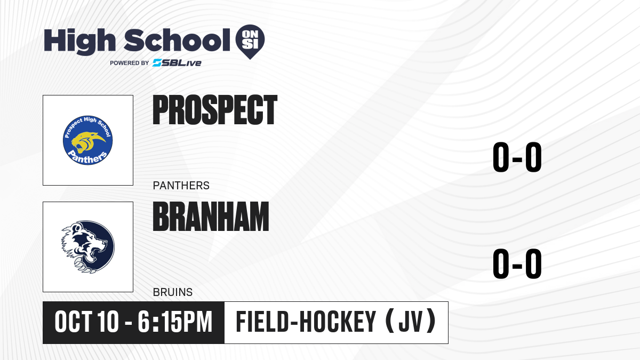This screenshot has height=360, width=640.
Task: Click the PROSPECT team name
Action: pos(215,110)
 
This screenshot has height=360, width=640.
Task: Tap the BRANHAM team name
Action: pos(211,217)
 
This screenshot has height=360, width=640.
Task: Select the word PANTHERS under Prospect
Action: pos(181,186)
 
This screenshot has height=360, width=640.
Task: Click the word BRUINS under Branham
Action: pos(173,292)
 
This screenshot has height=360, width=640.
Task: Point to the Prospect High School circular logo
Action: pos(87,140)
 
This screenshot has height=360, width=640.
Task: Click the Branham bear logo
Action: pos(87,247)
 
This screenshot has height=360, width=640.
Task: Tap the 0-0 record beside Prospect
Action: pos(517,157)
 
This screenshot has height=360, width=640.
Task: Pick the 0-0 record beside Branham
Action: pos(517,263)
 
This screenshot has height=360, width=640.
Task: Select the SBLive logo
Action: pos(177,63)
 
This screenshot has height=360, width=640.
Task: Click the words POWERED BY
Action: pos(129,63)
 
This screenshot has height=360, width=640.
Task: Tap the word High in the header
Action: pos(79,41)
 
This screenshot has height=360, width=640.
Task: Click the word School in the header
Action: pos(177,39)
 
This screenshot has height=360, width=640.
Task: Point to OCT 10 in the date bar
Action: pos(86,322)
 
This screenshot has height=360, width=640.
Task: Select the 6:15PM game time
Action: pos(175,322)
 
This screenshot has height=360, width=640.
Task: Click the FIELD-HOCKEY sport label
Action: pos(306,322)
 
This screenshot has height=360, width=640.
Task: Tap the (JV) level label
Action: pos(411,322)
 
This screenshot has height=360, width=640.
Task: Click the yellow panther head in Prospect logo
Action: pos(86,142)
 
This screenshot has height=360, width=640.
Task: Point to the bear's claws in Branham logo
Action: pos(83,265)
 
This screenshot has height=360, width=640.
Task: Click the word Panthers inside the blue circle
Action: pos(87,158)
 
